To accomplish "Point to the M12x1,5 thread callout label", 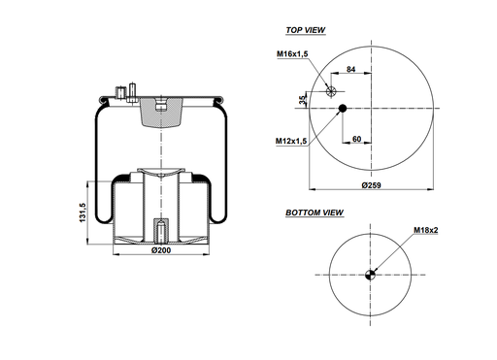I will coord(291,142).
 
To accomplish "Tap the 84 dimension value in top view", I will coord(351,70).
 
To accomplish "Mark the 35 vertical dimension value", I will coord(303,100).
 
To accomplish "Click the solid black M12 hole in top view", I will coord(342,110).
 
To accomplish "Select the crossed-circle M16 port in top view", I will coord(332,92).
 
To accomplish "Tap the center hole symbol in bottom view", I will coord(369,272).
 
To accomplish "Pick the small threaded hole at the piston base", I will coord(160,232).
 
